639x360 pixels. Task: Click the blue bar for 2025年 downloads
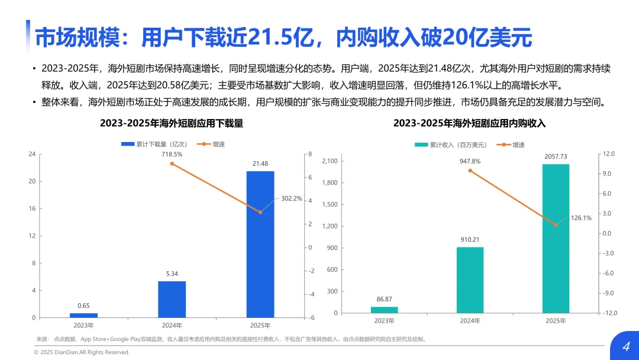tap(260, 244)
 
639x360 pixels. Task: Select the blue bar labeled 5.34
tap(172, 299)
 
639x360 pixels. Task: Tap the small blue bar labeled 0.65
tap(83, 315)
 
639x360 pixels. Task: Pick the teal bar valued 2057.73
tap(556, 239)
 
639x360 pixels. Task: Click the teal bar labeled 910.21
tap(470, 280)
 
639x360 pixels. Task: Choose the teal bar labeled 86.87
tap(385, 310)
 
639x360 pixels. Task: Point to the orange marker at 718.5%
tap(172, 164)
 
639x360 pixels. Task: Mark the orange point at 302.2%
tap(260, 212)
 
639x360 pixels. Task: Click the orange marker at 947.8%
tap(470, 171)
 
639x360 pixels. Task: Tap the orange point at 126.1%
tap(556, 225)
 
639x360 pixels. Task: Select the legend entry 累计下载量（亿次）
tap(154, 144)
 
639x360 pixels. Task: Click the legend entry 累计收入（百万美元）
tap(451, 144)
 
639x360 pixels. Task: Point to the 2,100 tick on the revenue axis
tap(330, 161)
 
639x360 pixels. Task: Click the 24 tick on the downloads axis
tap(32, 154)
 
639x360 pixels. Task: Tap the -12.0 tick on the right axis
tap(610, 313)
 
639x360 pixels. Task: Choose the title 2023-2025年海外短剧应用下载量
tap(172, 123)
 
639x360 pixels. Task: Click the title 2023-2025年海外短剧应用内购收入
tap(469, 123)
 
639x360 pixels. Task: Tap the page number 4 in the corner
tap(627, 346)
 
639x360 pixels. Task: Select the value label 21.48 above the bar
tap(260, 163)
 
